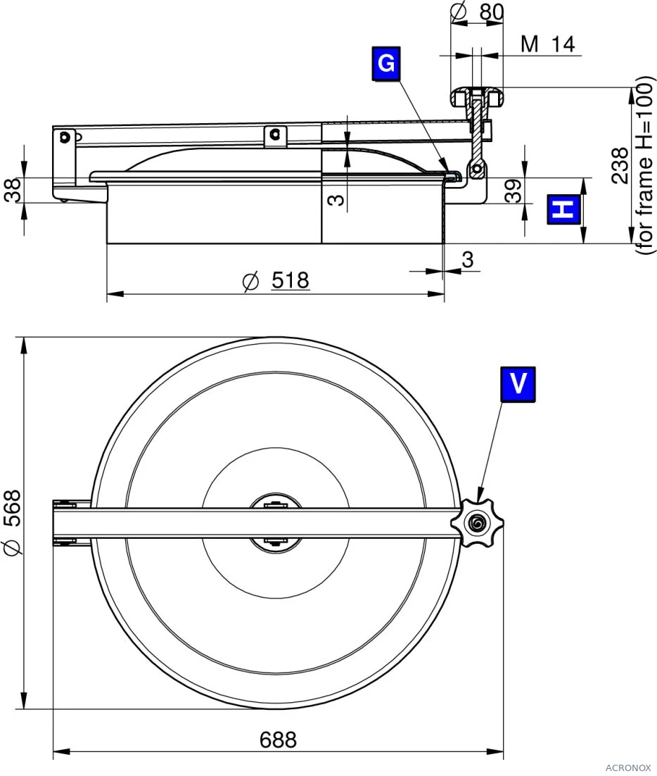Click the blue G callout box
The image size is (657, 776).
(386, 63)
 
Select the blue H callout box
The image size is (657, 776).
(563, 210)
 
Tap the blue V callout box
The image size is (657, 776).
(518, 384)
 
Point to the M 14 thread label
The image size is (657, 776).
(548, 44)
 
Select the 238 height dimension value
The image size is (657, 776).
(620, 165)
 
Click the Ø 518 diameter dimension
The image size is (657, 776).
(276, 281)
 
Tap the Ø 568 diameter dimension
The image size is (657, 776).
(13, 523)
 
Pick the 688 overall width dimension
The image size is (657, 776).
(278, 740)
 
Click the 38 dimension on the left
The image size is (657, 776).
(13, 190)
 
